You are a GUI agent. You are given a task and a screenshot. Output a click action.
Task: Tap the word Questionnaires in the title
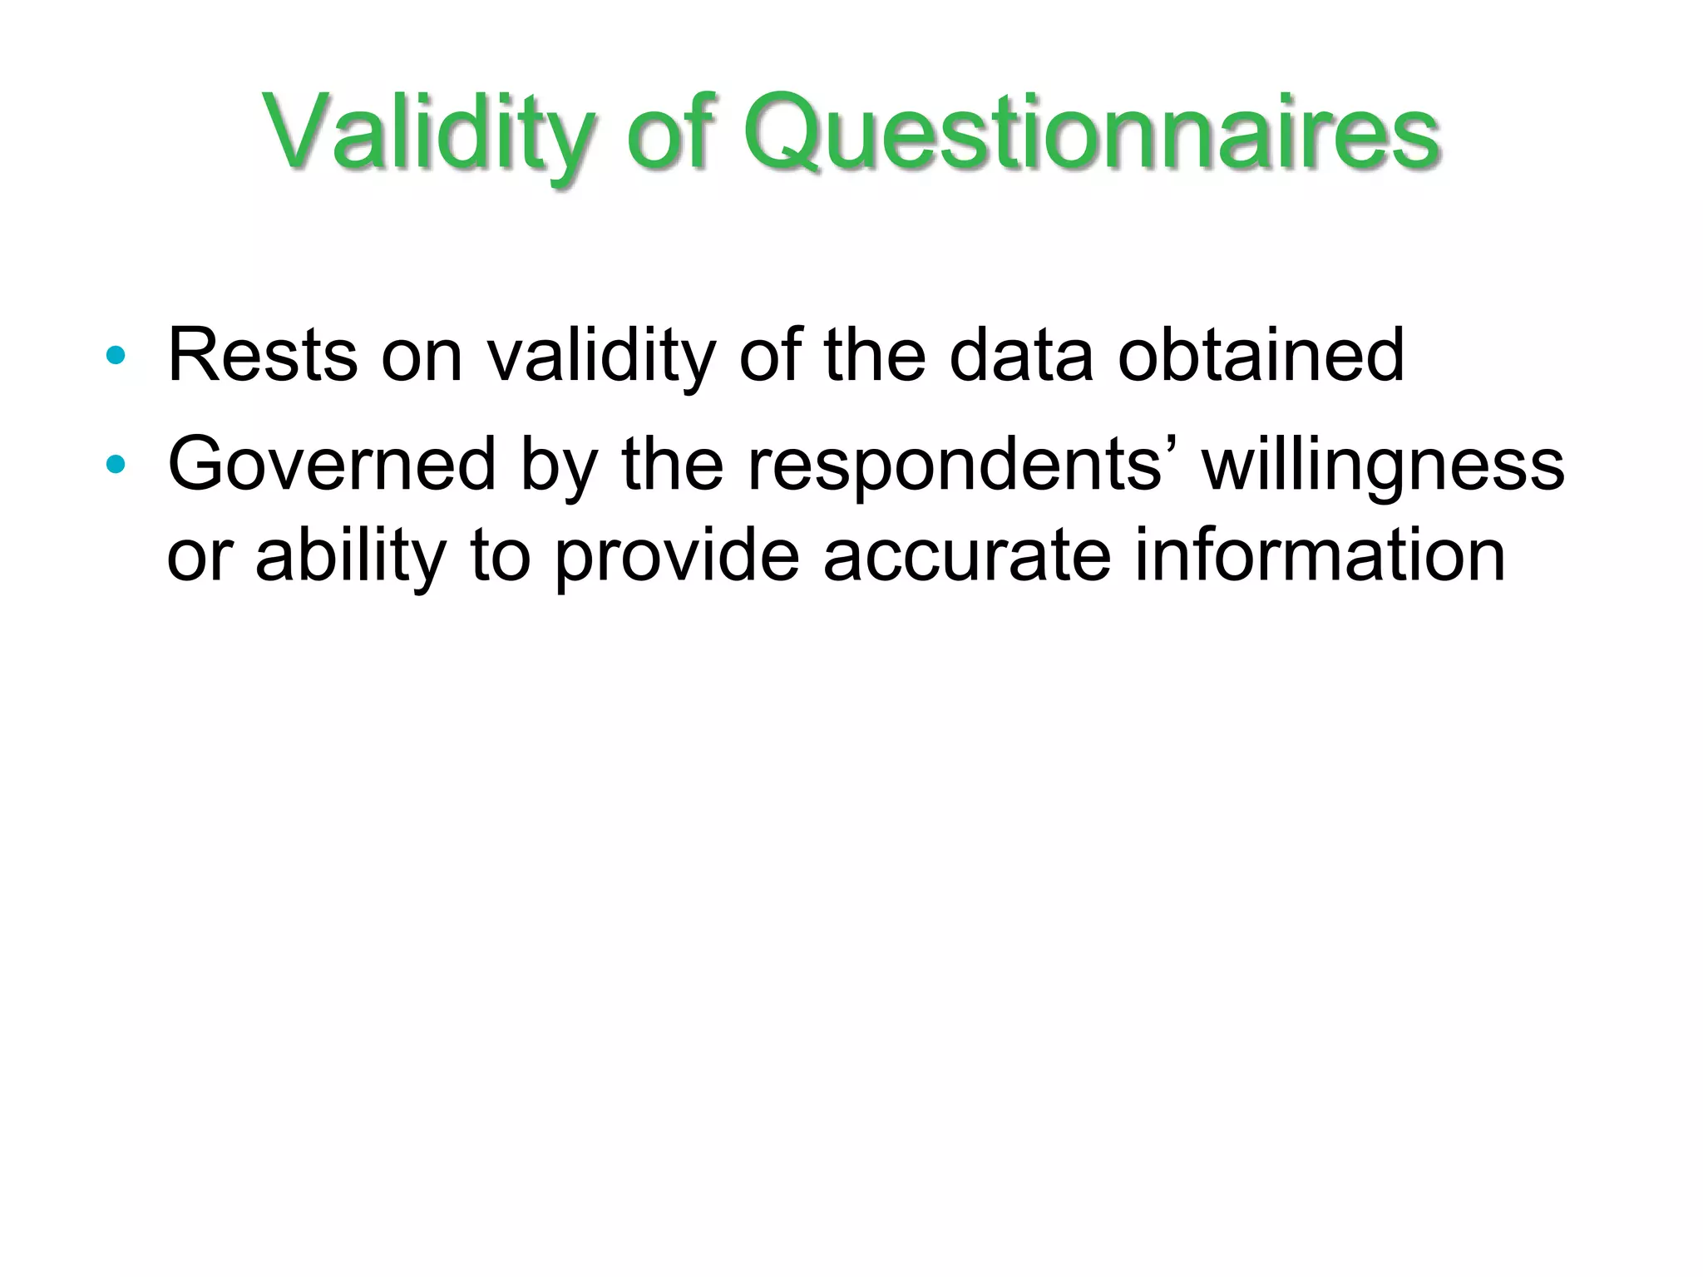[1090, 133]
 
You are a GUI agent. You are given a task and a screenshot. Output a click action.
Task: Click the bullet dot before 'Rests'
[116, 357]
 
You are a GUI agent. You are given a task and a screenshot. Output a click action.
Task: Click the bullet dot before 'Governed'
[116, 465]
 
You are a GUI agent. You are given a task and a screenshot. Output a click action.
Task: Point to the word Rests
[263, 356]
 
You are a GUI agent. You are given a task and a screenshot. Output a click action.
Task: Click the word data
[1021, 356]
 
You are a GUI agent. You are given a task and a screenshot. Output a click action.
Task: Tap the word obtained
[1261, 356]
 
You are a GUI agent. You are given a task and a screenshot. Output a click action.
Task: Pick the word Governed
[331, 464]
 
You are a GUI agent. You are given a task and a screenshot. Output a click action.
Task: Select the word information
[1320, 555]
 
